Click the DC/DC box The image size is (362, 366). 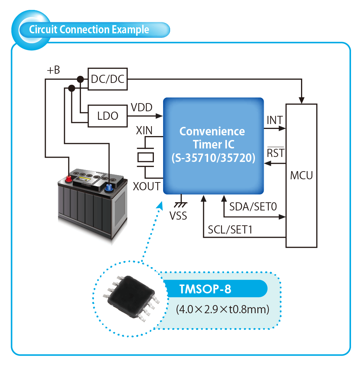point(107,79)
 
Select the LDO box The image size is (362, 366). point(107,116)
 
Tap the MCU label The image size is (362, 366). point(301,175)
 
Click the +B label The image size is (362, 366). point(53,70)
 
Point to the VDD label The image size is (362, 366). point(141,107)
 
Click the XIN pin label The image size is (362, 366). point(144,130)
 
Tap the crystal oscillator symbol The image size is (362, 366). point(145,157)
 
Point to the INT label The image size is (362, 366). point(275,120)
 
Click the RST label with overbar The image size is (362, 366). point(275,153)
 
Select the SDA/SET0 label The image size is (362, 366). point(253,207)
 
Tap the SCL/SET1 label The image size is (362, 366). point(230,230)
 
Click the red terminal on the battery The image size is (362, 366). point(69,179)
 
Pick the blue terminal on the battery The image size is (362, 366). point(108,186)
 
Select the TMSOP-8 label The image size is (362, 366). point(205,289)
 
